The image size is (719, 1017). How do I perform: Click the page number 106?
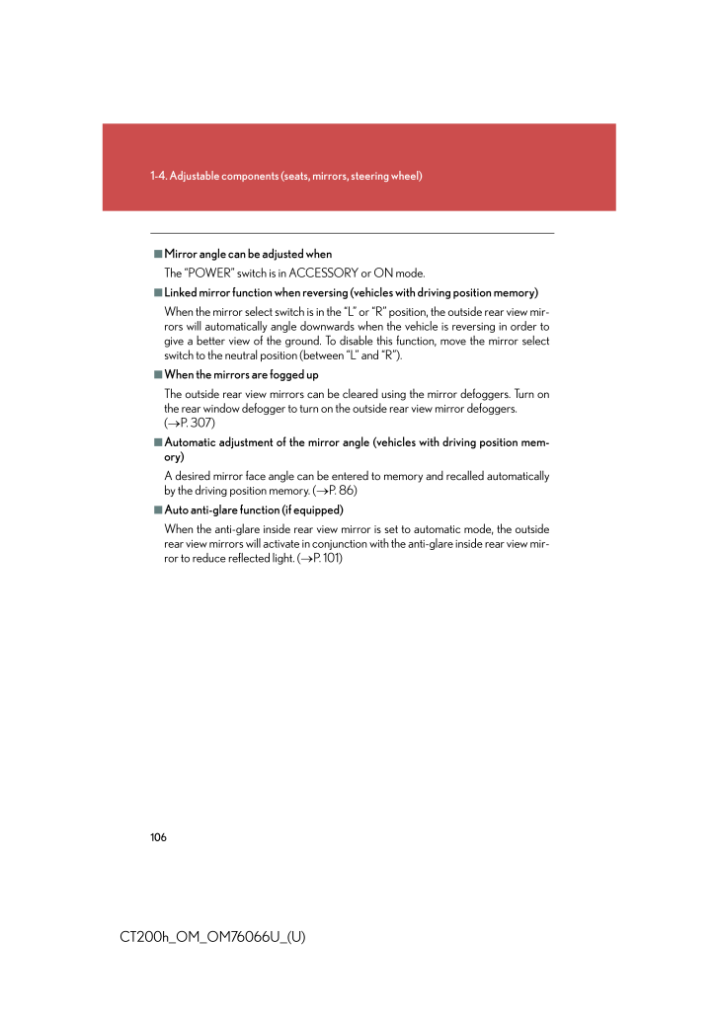click(159, 837)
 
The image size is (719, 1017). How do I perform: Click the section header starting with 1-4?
click(286, 176)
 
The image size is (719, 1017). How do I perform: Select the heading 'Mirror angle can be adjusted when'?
click(248, 254)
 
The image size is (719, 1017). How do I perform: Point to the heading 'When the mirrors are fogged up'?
click(241, 374)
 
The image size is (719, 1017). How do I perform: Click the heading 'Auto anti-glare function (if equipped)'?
click(254, 509)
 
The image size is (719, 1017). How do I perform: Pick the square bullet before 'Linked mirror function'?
click(157, 292)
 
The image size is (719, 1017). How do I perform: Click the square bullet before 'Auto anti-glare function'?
click(157, 509)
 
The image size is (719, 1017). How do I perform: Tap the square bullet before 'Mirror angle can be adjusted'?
click(157, 254)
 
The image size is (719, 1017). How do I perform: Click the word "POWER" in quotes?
click(208, 273)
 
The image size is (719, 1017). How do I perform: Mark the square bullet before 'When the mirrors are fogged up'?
click(157, 374)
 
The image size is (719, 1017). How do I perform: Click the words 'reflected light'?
click(260, 558)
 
